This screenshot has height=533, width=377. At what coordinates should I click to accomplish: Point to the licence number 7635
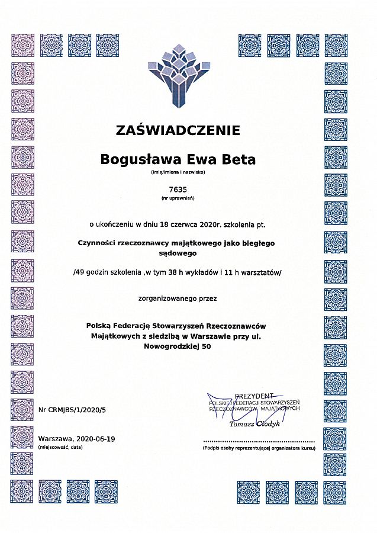tap(186, 190)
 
